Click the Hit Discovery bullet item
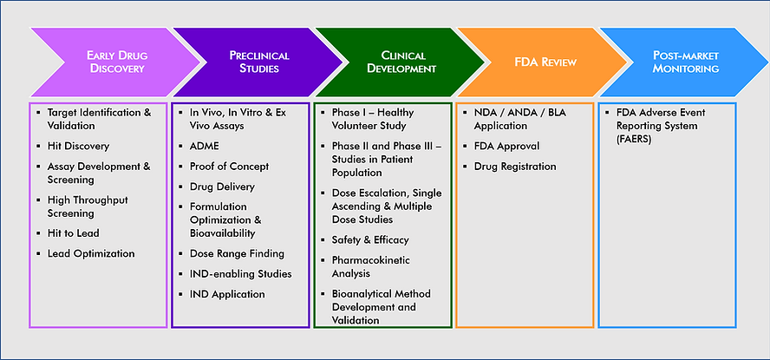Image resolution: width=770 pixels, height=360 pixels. (78, 146)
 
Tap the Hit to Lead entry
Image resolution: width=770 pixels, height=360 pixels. (73, 232)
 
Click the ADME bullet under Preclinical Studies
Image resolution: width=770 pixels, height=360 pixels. (206, 146)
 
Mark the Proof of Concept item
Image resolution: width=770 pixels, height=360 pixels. (229, 166)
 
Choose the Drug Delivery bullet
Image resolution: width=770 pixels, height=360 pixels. (223, 187)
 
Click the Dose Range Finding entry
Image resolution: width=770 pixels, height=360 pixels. (233, 253)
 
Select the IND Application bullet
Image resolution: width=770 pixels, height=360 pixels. (227, 294)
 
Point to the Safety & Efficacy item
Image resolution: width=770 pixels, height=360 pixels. (370, 239)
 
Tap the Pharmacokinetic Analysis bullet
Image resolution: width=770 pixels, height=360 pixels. (371, 266)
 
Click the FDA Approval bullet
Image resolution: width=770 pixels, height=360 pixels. (506, 146)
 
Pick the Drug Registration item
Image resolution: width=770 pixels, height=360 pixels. (515, 166)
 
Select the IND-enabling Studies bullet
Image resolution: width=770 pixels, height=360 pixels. (240, 273)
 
